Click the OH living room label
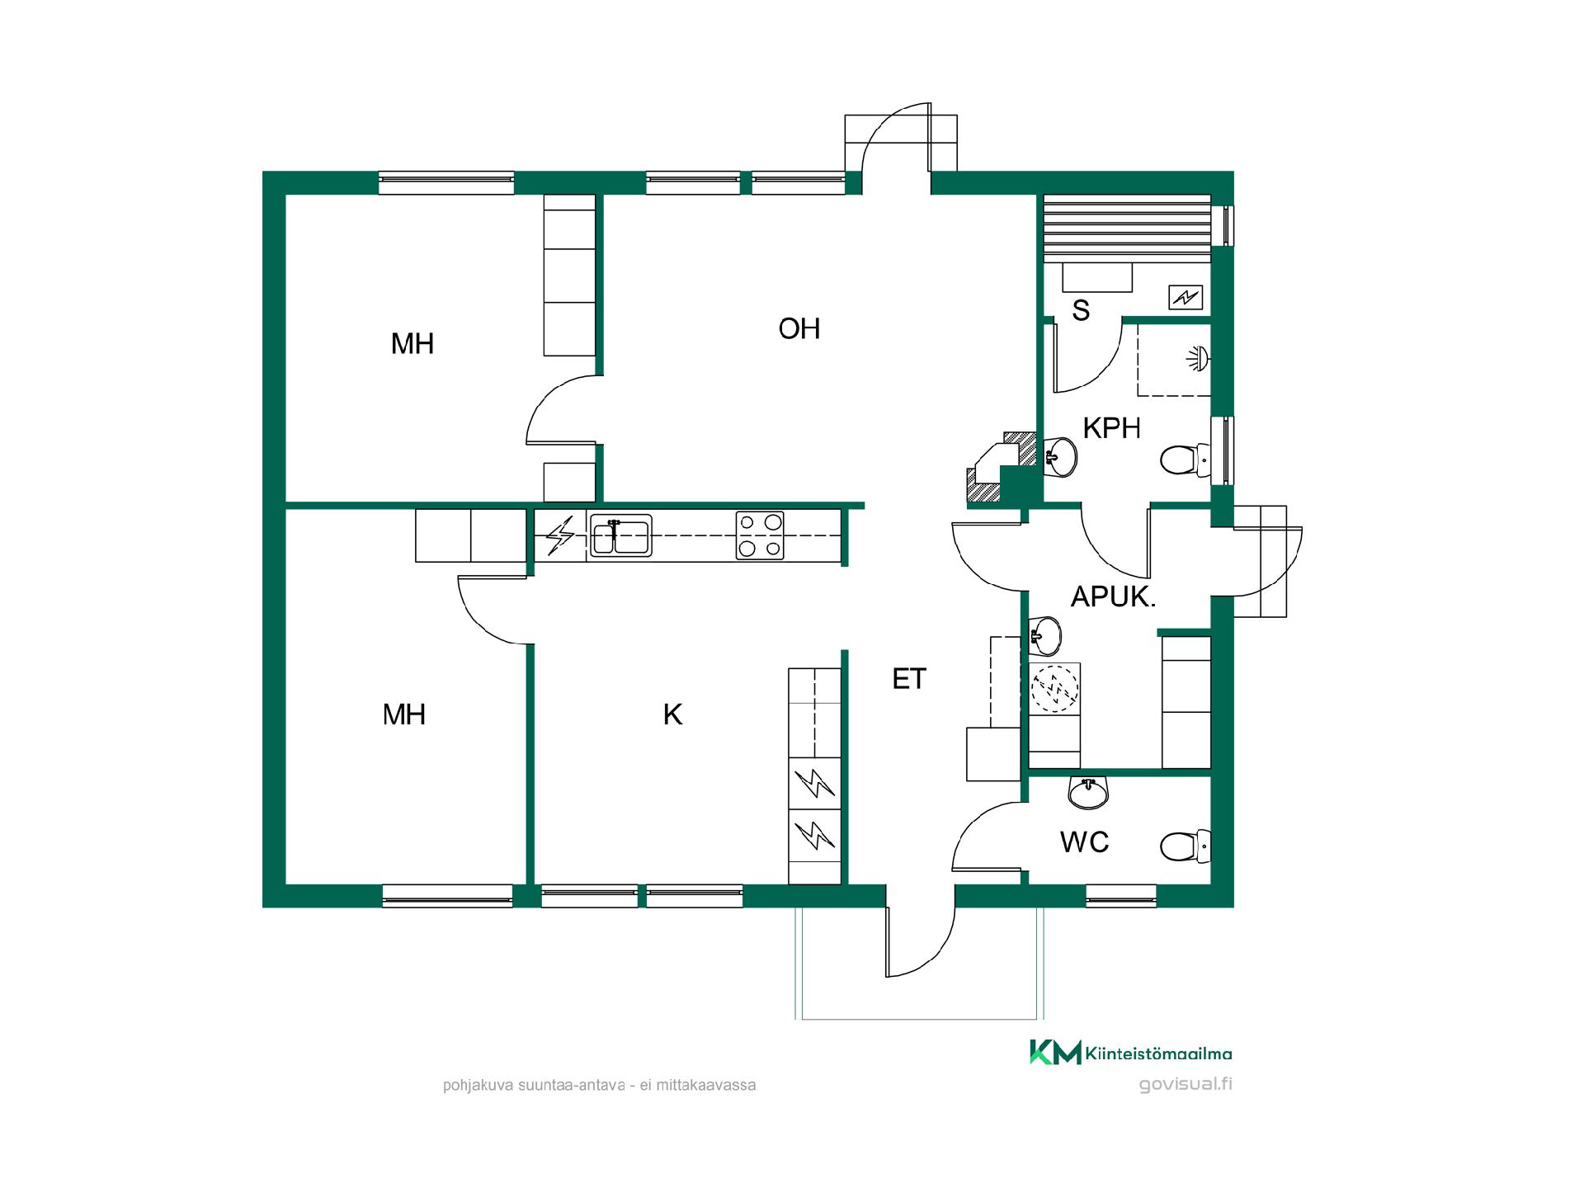pos(799,328)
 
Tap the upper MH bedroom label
pos(412,343)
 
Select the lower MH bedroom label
pos(404,714)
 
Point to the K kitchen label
pos(673,714)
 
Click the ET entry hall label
pos(909,679)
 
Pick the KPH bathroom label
pos(1111,428)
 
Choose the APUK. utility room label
pos(1113,596)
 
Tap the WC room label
pos(1084,842)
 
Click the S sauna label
pos(1081,310)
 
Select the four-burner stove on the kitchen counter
pos(761,536)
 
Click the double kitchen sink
pos(620,536)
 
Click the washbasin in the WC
pos(1089,792)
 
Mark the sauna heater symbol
pos(1186,297)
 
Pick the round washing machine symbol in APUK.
pos(1054,686)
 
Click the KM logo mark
pos(1055,1052)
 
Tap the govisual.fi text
pos(1186,1084)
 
